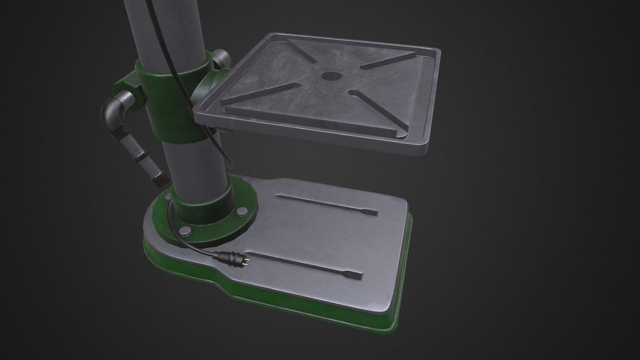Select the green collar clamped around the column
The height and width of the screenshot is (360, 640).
[173, 100]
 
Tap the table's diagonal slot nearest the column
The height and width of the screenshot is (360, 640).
[260, 96]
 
